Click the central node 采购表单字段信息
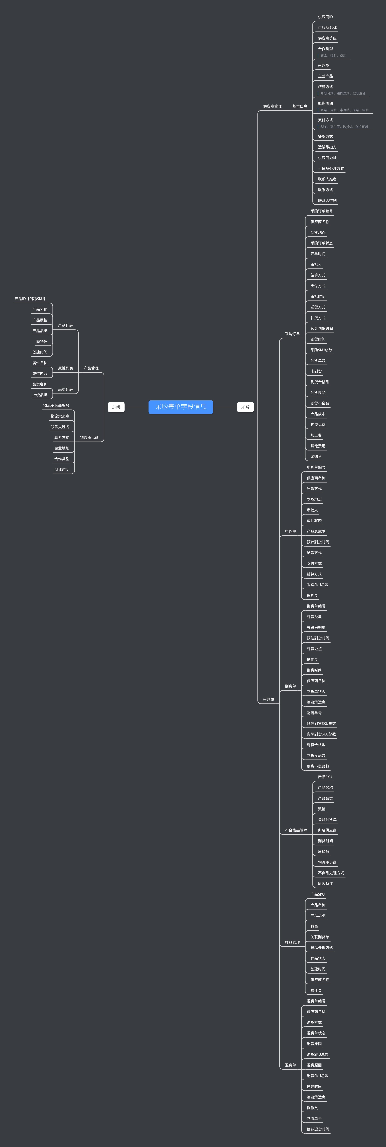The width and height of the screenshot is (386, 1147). pyautogui.click(x=181, y=407)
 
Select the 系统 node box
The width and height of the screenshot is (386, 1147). pyautogui.click(x=116, y=407)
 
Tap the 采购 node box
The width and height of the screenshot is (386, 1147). pyautogui.click(x=245, y=407)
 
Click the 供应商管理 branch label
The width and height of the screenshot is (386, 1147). pyautogui.click(x=272, y=106)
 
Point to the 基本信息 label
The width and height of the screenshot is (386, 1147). pyautogui.click(x=300, y=106)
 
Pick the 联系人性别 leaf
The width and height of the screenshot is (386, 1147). pyautogui.click(x=327, y=200)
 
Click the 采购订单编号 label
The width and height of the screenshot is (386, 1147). pyautogui.click(x=321, y=211)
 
